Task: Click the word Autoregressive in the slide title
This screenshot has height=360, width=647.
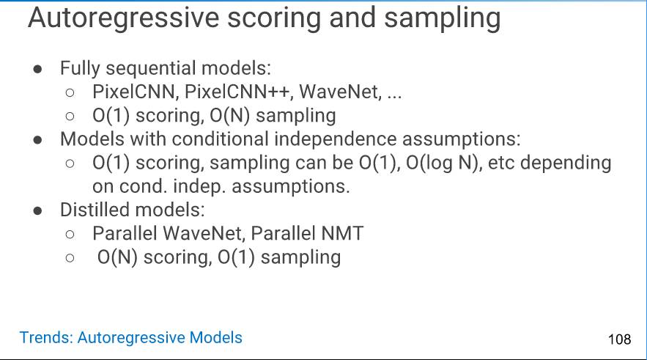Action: point(124,18)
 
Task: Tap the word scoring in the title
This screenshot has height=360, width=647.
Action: point(275,19)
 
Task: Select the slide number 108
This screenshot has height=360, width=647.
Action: point(619,339)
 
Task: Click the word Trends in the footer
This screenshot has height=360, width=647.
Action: point(46,337)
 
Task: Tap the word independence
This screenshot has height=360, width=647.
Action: point(335,139)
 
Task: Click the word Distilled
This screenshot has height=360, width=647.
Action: point(97,210)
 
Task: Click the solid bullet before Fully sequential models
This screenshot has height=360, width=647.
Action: point(37,69)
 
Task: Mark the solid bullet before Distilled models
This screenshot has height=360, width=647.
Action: point(37,211)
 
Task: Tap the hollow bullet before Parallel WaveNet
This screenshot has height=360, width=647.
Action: point(70,235)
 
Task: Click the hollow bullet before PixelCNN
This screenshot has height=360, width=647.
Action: point(70,92)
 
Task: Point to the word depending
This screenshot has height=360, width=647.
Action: point(566,164)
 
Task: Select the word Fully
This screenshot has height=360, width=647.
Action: point(80,68)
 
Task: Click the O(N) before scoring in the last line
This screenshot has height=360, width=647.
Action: point(117,257)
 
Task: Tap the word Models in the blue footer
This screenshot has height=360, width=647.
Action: point(216,337)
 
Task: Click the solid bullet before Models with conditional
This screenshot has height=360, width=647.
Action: point(37,140)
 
